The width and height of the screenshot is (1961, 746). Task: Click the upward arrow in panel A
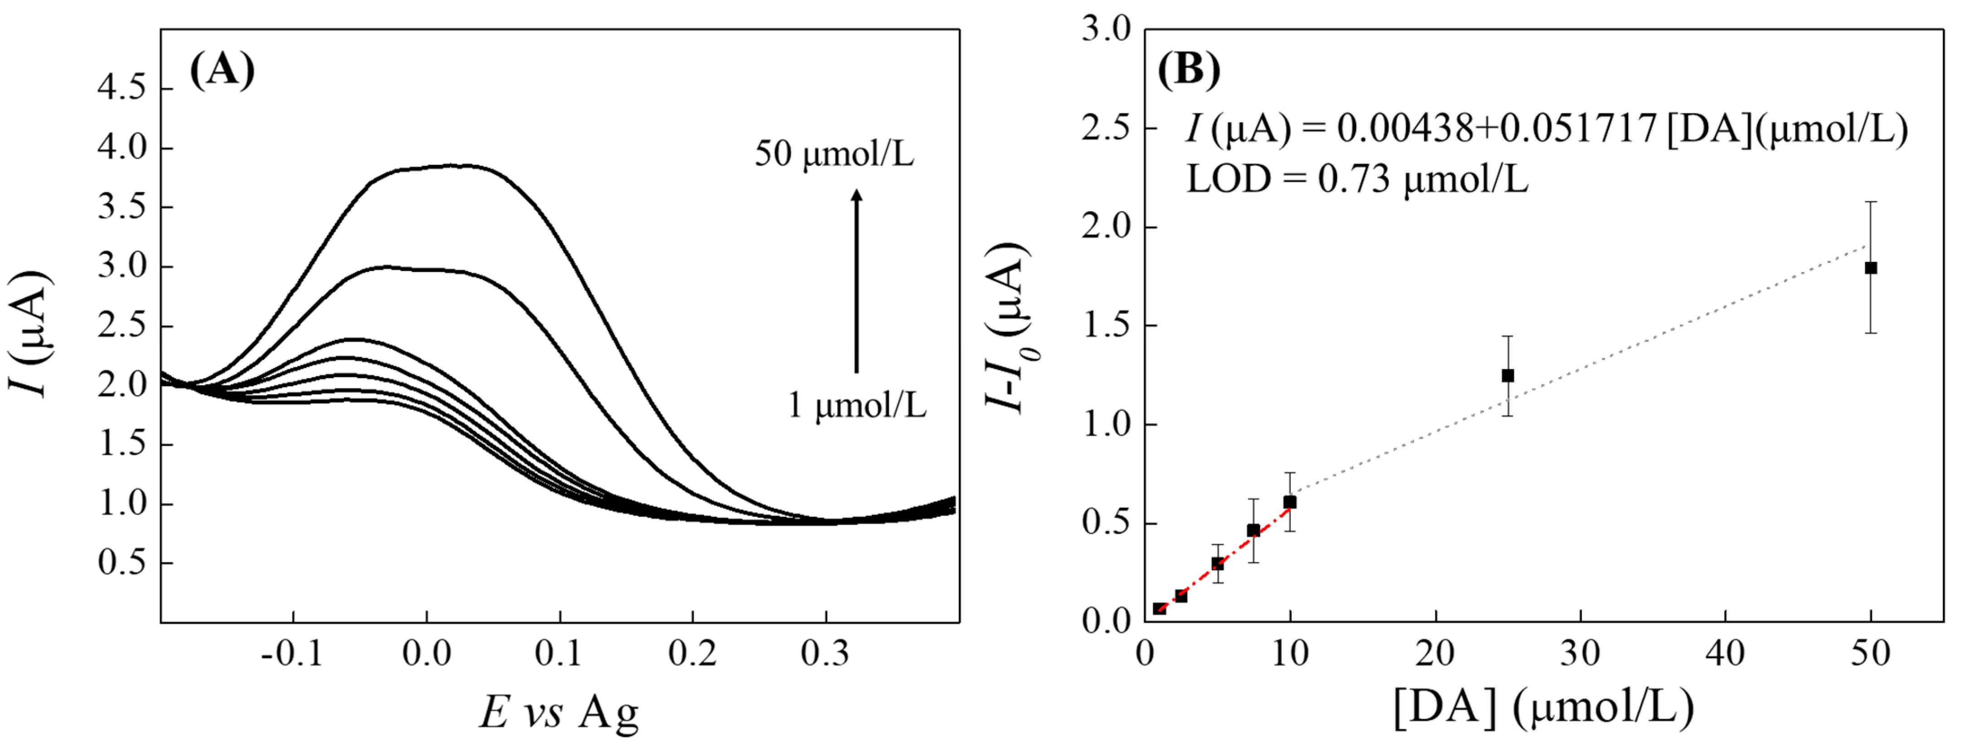tap(856, 281)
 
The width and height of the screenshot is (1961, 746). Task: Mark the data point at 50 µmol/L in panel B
tap(1870, 268)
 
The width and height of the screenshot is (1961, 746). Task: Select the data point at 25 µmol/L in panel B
tap(1507, 375)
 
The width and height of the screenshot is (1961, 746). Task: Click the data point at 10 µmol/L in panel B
tap(1289, 503)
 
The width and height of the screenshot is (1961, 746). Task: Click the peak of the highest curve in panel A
tap(457, 165)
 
